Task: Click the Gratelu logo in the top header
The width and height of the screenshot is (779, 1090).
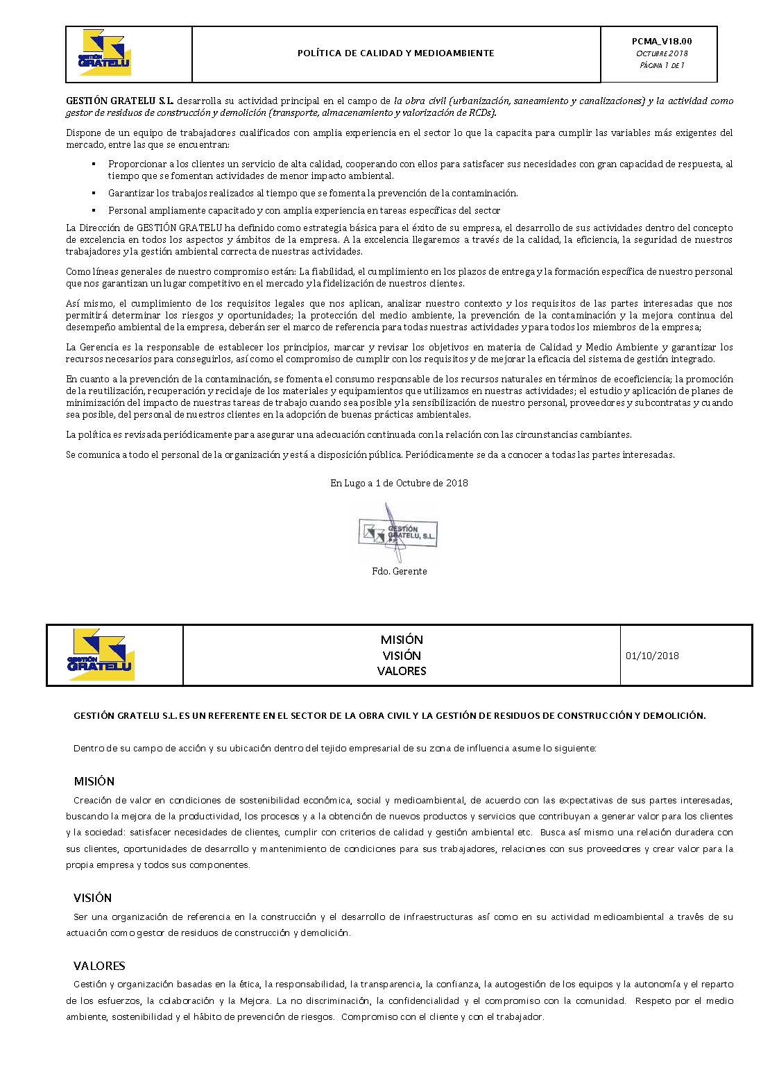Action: tap(105, 52)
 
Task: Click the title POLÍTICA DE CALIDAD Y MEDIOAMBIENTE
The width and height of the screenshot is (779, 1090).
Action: tap(395, 53)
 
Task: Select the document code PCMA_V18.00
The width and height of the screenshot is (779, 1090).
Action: tap(662, 42)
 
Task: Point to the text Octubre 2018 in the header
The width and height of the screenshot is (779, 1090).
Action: tap(662, 53)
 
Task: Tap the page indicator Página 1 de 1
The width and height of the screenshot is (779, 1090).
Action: tap(662, 65)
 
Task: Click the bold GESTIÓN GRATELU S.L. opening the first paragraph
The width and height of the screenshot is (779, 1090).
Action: tap(120, 101)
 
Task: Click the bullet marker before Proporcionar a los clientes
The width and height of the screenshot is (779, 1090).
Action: tap(94, 164)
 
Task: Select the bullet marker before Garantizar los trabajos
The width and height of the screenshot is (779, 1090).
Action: tap(94, 193)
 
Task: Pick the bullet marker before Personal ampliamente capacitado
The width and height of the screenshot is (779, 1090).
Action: tap(94, 210)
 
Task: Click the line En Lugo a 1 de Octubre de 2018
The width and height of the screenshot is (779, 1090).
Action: tap(399, 483)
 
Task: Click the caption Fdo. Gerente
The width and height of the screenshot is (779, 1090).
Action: tap(399, 571)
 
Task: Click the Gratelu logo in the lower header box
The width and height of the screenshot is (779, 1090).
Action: tap(101, 654)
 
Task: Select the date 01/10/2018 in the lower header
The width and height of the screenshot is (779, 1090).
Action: tap(652, 656)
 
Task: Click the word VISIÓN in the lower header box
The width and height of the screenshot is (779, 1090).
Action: tap(402, 655)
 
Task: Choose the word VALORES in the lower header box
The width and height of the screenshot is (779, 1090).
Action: tap(402, 671)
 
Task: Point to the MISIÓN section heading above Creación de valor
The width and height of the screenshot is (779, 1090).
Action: tap(94, 781)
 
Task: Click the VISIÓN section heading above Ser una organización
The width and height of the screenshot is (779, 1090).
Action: tap(93, 898)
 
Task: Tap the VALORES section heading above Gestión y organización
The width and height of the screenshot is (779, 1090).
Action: tap(99, 966)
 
